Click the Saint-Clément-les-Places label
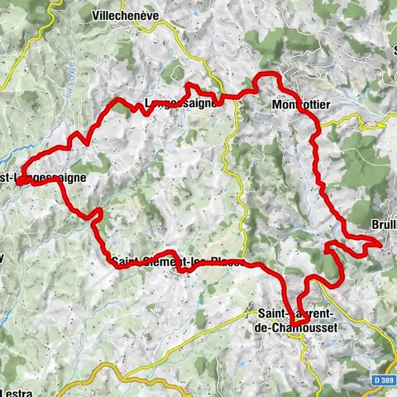tap(177, 263)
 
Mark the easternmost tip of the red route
tap(381, 244)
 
